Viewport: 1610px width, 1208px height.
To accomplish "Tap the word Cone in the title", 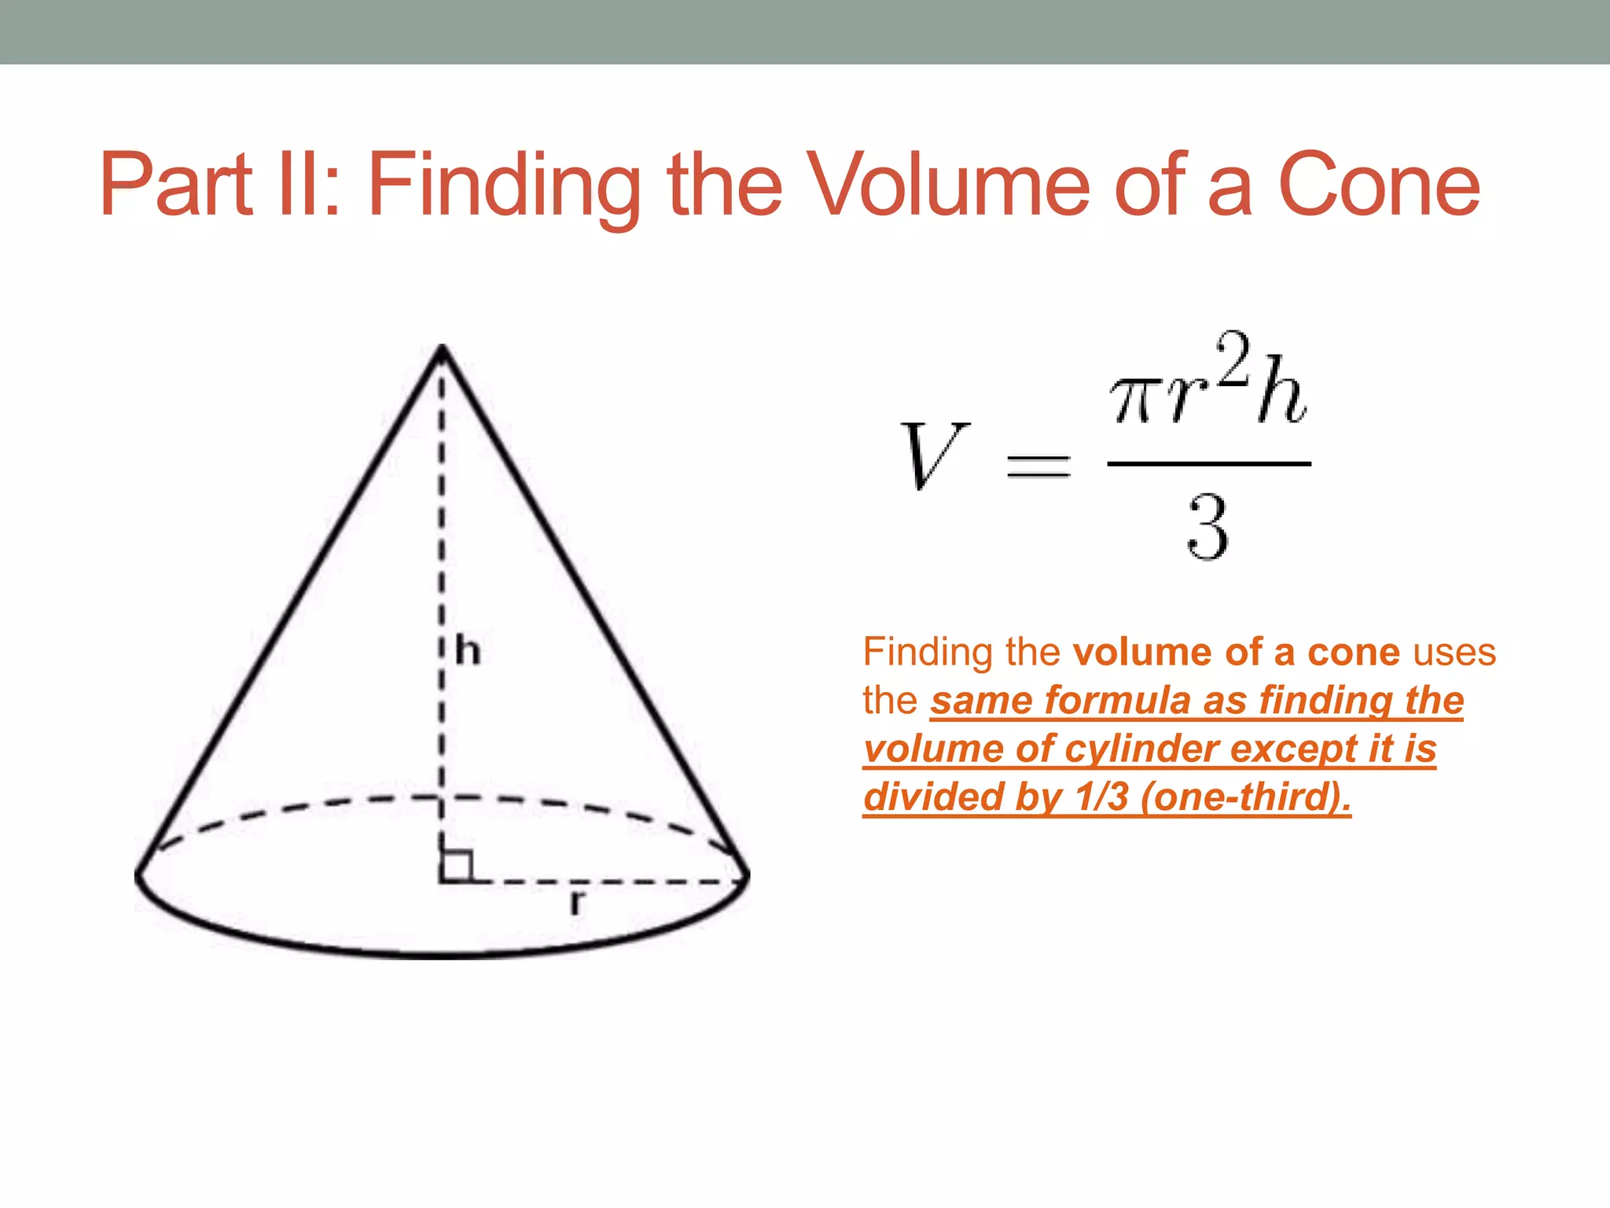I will click(1380, 186).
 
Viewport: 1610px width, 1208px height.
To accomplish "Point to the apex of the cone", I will click(443, 347).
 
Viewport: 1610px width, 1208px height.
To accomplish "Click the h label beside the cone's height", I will click(468, 651).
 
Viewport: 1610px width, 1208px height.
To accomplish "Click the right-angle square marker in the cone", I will click(457, 866).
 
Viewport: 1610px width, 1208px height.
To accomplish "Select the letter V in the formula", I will click(933, 455).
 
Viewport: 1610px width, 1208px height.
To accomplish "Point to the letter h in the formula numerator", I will click(1281, 390).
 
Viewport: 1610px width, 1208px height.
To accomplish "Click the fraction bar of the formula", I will click(1208, 464).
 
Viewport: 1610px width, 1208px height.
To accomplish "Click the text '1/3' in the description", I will click(1101, 797).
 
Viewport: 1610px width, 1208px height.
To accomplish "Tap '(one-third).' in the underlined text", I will click(1246, 797).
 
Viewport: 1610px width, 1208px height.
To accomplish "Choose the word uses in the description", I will click(1454, 652).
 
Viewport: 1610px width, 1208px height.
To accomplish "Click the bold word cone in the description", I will click(1353, 653).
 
